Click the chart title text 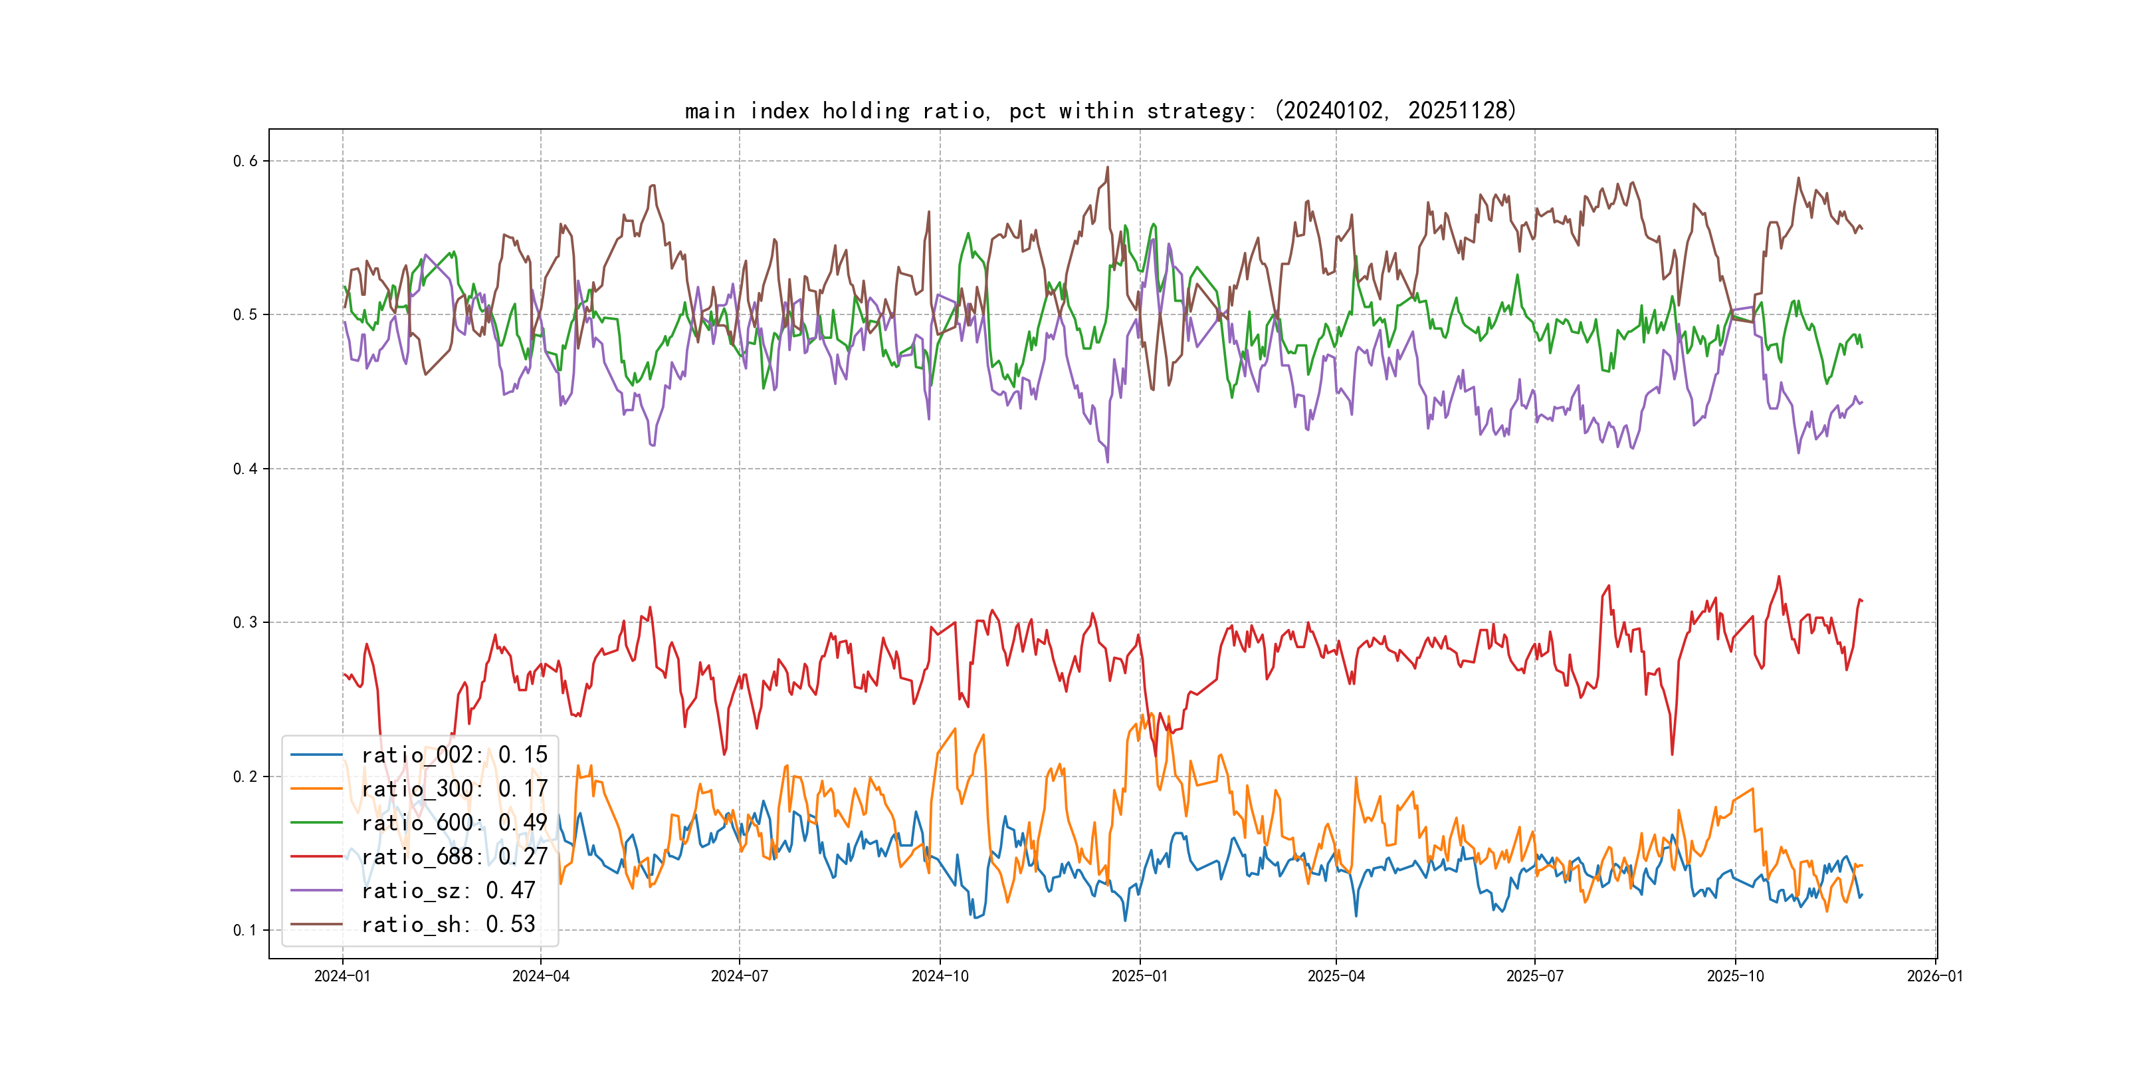1100,111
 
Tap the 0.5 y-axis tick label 245,315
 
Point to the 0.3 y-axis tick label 245,623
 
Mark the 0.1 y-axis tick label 245,931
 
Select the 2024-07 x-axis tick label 739,977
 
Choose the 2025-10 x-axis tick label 1735,977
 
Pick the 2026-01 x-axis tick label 1935,977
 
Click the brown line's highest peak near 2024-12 1108,168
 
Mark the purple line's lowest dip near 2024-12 1108,461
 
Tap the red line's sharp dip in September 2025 1673,755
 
